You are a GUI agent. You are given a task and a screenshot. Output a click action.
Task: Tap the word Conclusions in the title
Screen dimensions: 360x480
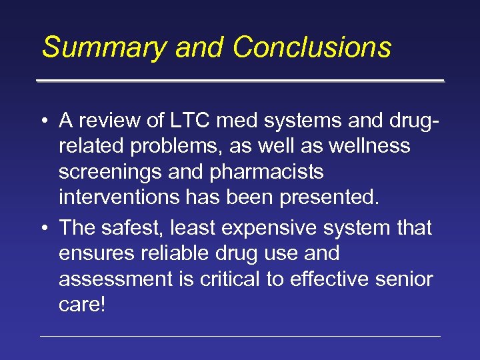click(x=312, y=48)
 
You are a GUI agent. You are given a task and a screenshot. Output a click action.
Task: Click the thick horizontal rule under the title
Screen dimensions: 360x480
click(x=240, y=81)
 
